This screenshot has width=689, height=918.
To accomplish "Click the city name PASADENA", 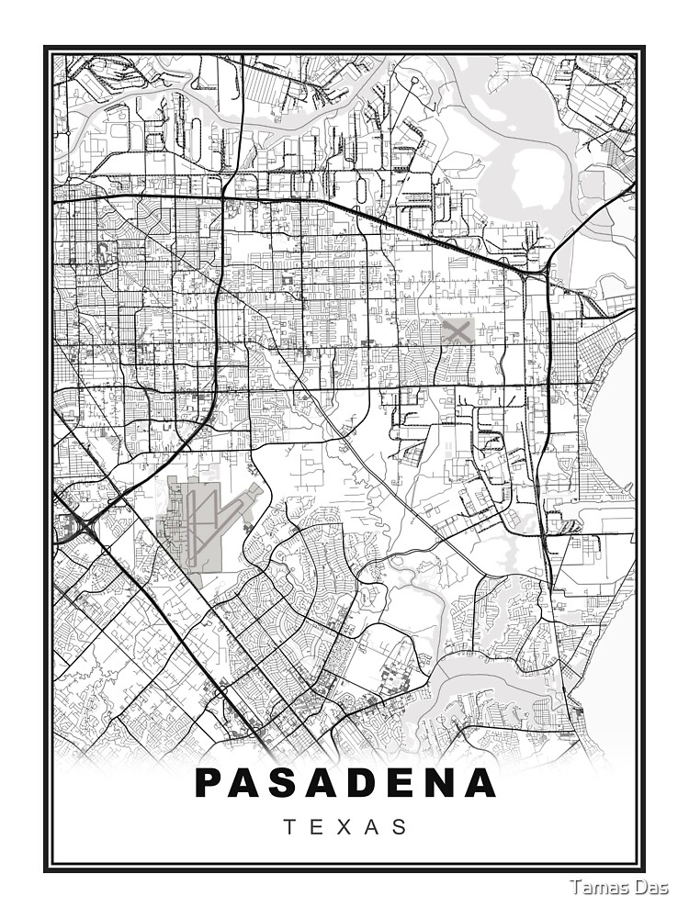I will click(x=345, y=783).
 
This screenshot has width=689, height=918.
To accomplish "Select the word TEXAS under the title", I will click(x=345, y=827).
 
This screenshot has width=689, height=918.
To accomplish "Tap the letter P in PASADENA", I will click(x=210, y=783).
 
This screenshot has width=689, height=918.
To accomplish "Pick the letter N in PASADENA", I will click(x=441, y=783).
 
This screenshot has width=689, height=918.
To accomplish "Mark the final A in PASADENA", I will click(x=480, y=783).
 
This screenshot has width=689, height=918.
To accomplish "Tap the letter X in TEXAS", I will click(x=345, y=827).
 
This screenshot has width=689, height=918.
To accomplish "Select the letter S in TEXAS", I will click(x=401, y=827).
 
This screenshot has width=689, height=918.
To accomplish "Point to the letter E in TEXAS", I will click(x=318, y=827).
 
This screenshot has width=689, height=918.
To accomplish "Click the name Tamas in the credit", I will click(x=596, y=887).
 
